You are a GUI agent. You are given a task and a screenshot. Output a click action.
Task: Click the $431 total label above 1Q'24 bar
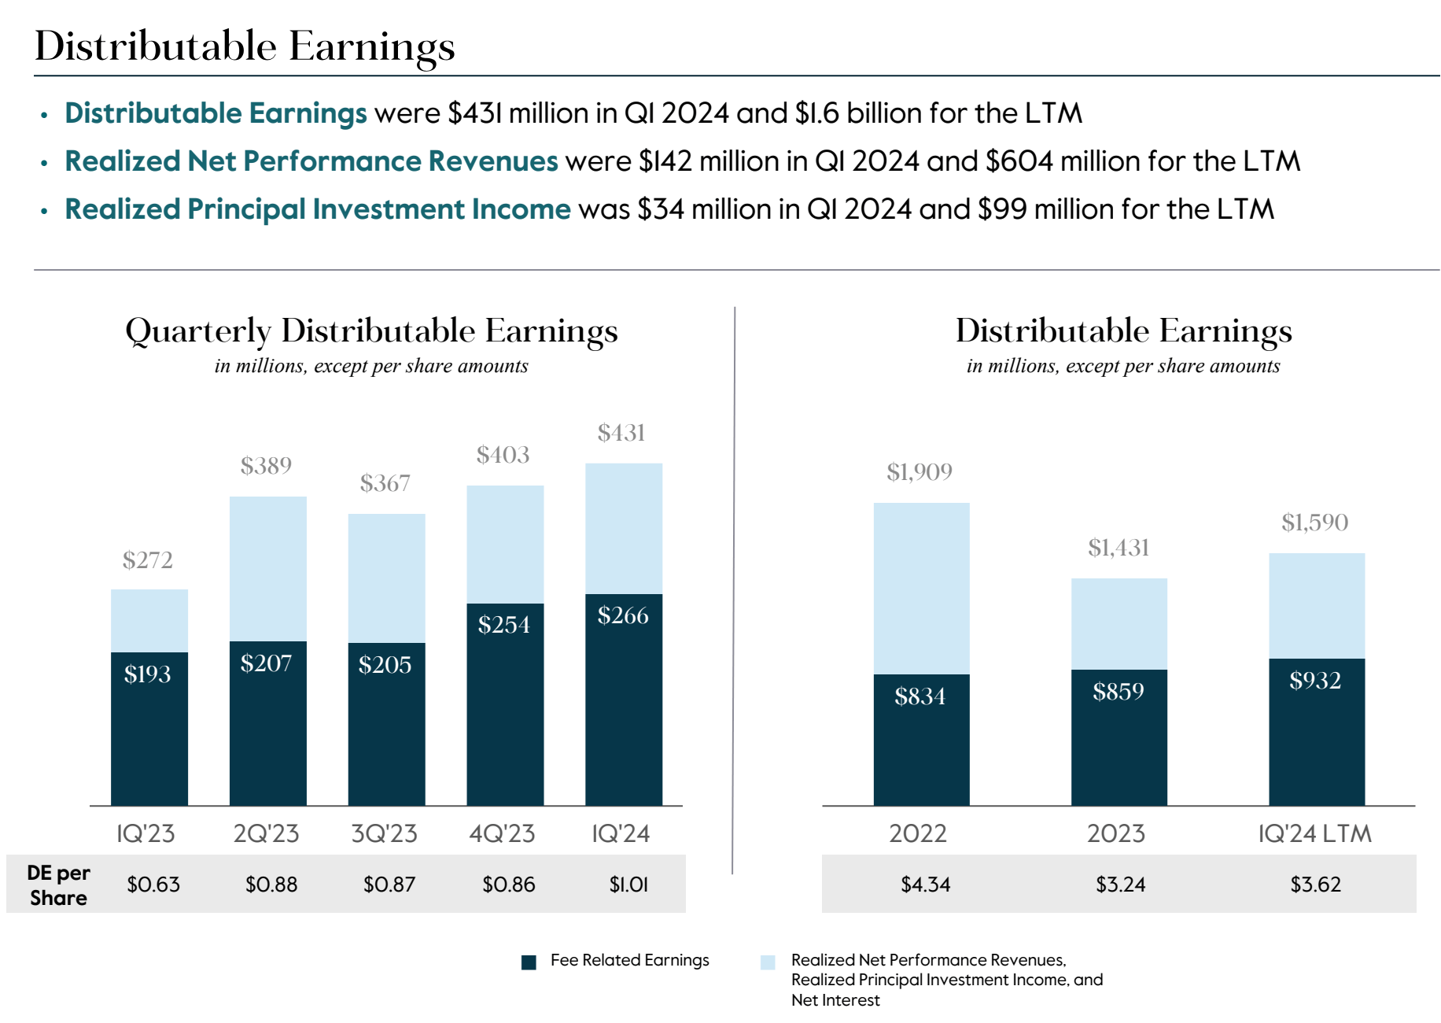coord(621,433)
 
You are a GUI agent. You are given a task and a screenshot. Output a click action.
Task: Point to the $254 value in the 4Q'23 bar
coord(504,625)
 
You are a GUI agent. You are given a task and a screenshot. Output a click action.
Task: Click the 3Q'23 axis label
coord(384,833)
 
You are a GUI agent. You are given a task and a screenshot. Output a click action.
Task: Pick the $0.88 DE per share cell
coord(271,885)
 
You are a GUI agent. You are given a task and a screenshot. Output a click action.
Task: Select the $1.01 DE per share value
coord(628,885)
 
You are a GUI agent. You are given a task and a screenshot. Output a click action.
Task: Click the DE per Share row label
coord(58,885)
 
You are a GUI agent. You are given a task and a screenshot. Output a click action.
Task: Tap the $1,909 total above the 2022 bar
coord(919,472)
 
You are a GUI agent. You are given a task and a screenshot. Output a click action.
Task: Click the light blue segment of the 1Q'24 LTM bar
coord(1316,606)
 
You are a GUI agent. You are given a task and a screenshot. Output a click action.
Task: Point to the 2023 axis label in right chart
coord(1115,833)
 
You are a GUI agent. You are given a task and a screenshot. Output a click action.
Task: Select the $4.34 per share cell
coord(926,885)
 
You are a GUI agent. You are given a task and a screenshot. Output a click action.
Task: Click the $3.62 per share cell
coord(1315,885)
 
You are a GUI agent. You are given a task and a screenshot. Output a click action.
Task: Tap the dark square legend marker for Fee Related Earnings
coord(529,962)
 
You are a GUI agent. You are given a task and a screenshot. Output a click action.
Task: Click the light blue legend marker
coord(768,962)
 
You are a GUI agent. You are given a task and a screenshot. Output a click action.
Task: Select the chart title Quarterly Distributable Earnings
coord(371,331)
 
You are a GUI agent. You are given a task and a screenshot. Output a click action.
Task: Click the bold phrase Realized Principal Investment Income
coord(317,209)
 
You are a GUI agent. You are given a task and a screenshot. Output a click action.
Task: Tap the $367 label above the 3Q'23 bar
coord(385,483)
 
